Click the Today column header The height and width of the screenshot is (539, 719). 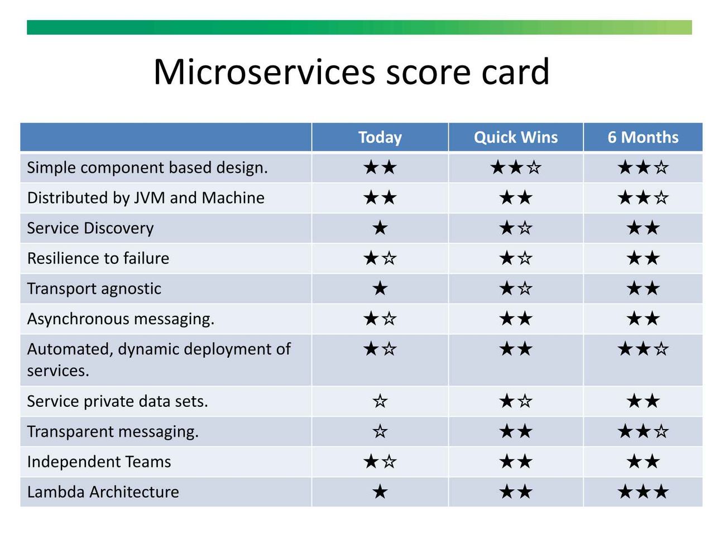point(380,137)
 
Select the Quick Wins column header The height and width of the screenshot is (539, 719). point(516,137)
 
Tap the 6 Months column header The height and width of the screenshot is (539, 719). point(643,137)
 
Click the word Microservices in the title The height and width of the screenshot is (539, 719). point(264,71)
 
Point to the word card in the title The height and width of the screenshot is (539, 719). point(515,71)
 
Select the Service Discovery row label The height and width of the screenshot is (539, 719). point(90,228)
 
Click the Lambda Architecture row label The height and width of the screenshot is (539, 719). point(103,492)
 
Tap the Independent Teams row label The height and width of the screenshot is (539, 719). point(99,462)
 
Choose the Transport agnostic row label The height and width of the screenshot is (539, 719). point(94,289)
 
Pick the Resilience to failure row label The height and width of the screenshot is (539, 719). point(98,258)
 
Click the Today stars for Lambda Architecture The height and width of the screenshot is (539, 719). point(380,492)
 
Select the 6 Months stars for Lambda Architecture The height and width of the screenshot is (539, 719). point(643,492)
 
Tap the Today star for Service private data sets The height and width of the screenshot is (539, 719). point(380,401)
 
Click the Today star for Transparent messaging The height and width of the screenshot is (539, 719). point(380,431)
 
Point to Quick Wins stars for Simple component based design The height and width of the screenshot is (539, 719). point(516,168)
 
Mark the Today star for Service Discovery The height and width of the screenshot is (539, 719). point(380,228)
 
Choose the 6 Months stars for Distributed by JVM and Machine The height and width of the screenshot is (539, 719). point(643,198)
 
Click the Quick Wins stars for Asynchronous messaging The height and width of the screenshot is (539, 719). point(516,319)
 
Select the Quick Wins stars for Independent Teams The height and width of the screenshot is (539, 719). point(516,462)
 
